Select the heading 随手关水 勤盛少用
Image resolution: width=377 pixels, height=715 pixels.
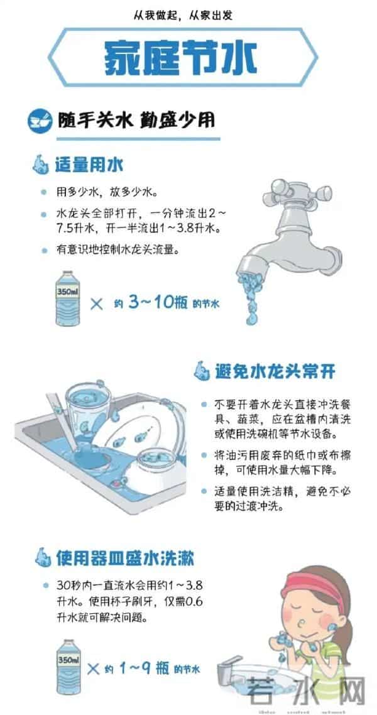coord(135,119)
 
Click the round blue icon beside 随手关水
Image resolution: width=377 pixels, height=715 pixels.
coord(39,119)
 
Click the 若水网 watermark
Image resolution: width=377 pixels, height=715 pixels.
coord(307,691)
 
